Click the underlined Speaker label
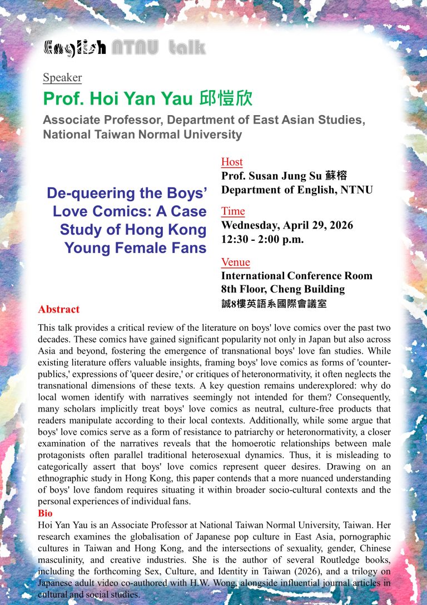62,78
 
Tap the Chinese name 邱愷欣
225,99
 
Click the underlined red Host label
232,162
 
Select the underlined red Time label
233,211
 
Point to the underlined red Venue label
236,262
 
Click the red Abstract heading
59,309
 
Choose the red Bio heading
45,513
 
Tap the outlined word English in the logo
75,48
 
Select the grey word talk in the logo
187,48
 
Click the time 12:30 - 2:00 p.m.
262,240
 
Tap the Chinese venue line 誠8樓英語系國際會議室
274,304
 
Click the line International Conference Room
297,276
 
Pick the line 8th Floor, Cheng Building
283,289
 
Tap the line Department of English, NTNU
297,190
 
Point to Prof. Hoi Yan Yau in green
118,99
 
